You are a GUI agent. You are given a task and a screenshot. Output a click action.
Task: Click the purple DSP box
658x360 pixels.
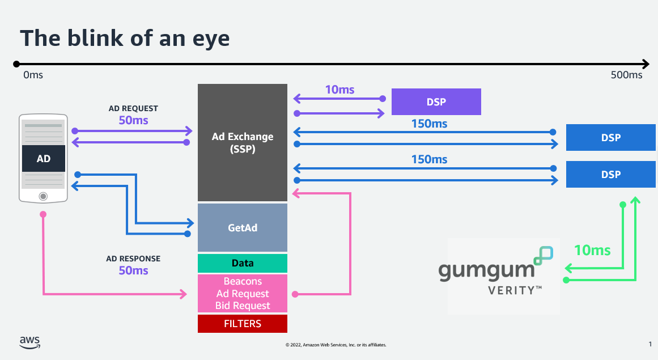tap(436, 102)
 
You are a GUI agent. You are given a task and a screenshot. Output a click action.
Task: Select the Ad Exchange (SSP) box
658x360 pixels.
tap(243, 142)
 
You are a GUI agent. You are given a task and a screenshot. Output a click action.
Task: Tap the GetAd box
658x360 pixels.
tap(243, 228)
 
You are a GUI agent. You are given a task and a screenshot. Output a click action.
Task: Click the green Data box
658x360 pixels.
tap(243, 263)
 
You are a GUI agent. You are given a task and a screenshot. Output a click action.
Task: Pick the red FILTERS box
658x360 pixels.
tap(243, 324)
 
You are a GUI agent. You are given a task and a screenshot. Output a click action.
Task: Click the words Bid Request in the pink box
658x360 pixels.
tap(243, 306)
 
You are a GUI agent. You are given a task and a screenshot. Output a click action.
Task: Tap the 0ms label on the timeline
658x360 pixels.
tap(33, 75)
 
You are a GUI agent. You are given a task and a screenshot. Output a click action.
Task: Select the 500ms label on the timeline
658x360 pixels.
tap(626, 75)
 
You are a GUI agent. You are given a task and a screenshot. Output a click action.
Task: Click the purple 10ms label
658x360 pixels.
tap(339, 90)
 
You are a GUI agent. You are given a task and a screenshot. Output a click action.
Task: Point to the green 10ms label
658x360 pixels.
tap(592, 250)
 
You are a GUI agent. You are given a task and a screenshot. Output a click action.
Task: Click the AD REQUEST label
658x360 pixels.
tap(133, 108)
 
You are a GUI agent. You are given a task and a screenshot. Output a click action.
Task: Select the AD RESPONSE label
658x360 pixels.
tap(133, 259)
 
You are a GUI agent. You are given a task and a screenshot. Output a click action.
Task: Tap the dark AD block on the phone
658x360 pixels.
tap(44, 159)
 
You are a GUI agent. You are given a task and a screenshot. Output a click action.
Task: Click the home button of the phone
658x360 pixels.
tap(43, 196)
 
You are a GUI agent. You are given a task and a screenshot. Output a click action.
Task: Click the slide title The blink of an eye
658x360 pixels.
tap(125, 38)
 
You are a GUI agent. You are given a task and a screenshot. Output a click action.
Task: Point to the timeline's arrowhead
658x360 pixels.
tap(646, 64)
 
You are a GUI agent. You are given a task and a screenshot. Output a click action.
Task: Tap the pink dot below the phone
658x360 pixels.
tap(43, 214)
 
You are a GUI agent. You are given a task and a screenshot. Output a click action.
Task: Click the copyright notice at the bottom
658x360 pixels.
tap(336, 345)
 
